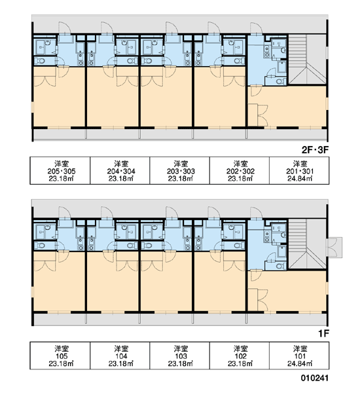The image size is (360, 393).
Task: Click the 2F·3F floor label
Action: click(x=315, y=150)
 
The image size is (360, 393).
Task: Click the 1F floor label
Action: click(x=323, y=333)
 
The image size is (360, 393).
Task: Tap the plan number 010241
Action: click(x=314, y=378)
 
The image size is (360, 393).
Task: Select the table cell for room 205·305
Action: click(x=60, y=171)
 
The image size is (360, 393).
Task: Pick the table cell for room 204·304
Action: click(x=120, y=171)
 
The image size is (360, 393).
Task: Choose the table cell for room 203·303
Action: click(x=179, y=171)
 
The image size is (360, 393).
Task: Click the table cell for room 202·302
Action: click(x=240, y=171)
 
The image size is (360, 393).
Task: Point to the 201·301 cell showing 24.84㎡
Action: click(x=299, y=171)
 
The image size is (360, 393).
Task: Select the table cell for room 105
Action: click(x=60, y=356)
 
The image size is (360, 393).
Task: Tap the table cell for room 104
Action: click(x=120, y=356)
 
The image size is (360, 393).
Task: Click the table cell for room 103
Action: click(x=179, y=356)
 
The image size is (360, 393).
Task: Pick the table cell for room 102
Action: click(x=240, y=356)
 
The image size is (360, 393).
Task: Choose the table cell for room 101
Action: click(x=299, y=356)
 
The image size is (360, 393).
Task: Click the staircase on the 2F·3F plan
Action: click(x=307, y=59)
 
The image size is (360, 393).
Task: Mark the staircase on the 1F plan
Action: click(x=307, y=244)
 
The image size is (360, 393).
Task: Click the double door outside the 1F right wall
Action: click(x=334, y=248)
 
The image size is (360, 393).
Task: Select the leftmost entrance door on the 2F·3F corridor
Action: click(x=65, y=28)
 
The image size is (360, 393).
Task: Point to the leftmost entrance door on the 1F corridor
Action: click(x=65, y=213)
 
